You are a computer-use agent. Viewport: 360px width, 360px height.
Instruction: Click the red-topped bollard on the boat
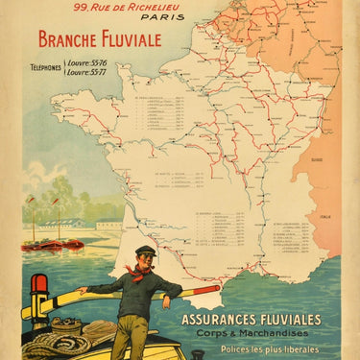point(39,293)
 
